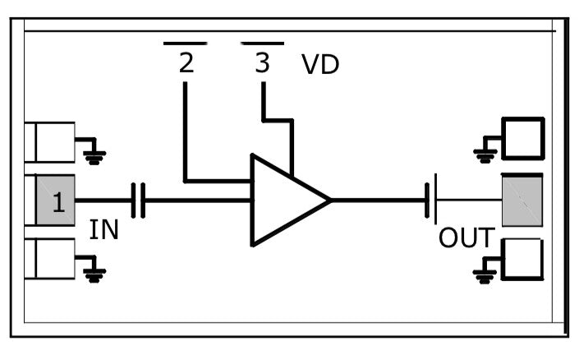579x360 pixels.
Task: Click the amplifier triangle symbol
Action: (283, 200)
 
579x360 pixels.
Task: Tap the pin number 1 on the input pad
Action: (57, 202)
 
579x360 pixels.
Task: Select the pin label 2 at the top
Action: (186, 63)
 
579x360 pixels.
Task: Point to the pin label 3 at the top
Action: (262, 63)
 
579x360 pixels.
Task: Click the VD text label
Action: (320, 66)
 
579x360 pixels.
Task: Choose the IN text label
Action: (104, 230)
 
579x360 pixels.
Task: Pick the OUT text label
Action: (466, 238)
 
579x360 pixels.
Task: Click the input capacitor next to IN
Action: (139, 201)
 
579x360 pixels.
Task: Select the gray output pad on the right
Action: (522, 200)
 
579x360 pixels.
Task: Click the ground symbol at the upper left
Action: (94, 155)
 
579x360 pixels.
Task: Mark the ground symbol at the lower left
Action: (94, 273)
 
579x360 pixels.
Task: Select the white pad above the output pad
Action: (523, 138)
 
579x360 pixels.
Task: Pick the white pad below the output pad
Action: (523, 260)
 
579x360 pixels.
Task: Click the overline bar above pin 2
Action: (185, 42)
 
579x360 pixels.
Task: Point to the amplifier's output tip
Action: (330, 200)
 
